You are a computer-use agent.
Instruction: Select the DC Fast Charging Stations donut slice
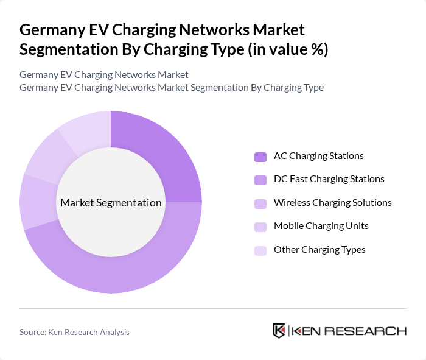click(122, 268)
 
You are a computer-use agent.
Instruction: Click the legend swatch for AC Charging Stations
click(260, 157)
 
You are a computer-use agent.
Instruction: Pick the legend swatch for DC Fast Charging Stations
click(260, 180)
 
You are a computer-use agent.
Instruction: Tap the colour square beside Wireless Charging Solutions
click(260, 203)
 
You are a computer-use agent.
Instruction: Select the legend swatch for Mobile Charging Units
click(260, 227)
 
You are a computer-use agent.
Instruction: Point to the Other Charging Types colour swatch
click(260, 250)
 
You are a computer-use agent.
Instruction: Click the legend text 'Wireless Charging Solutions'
click(332, 203)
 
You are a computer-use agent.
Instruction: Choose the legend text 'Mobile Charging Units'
click(321, 226)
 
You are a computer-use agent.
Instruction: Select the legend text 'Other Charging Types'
click(319, 250)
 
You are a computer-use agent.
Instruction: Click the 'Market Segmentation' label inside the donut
click(111, 203)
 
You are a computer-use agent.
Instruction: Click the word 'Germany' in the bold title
click(50, 29)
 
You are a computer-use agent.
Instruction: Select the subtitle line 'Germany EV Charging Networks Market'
click(104, 74)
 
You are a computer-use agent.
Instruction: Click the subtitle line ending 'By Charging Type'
click(171, 87)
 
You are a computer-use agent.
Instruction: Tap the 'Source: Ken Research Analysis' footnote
click(74, 332)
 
